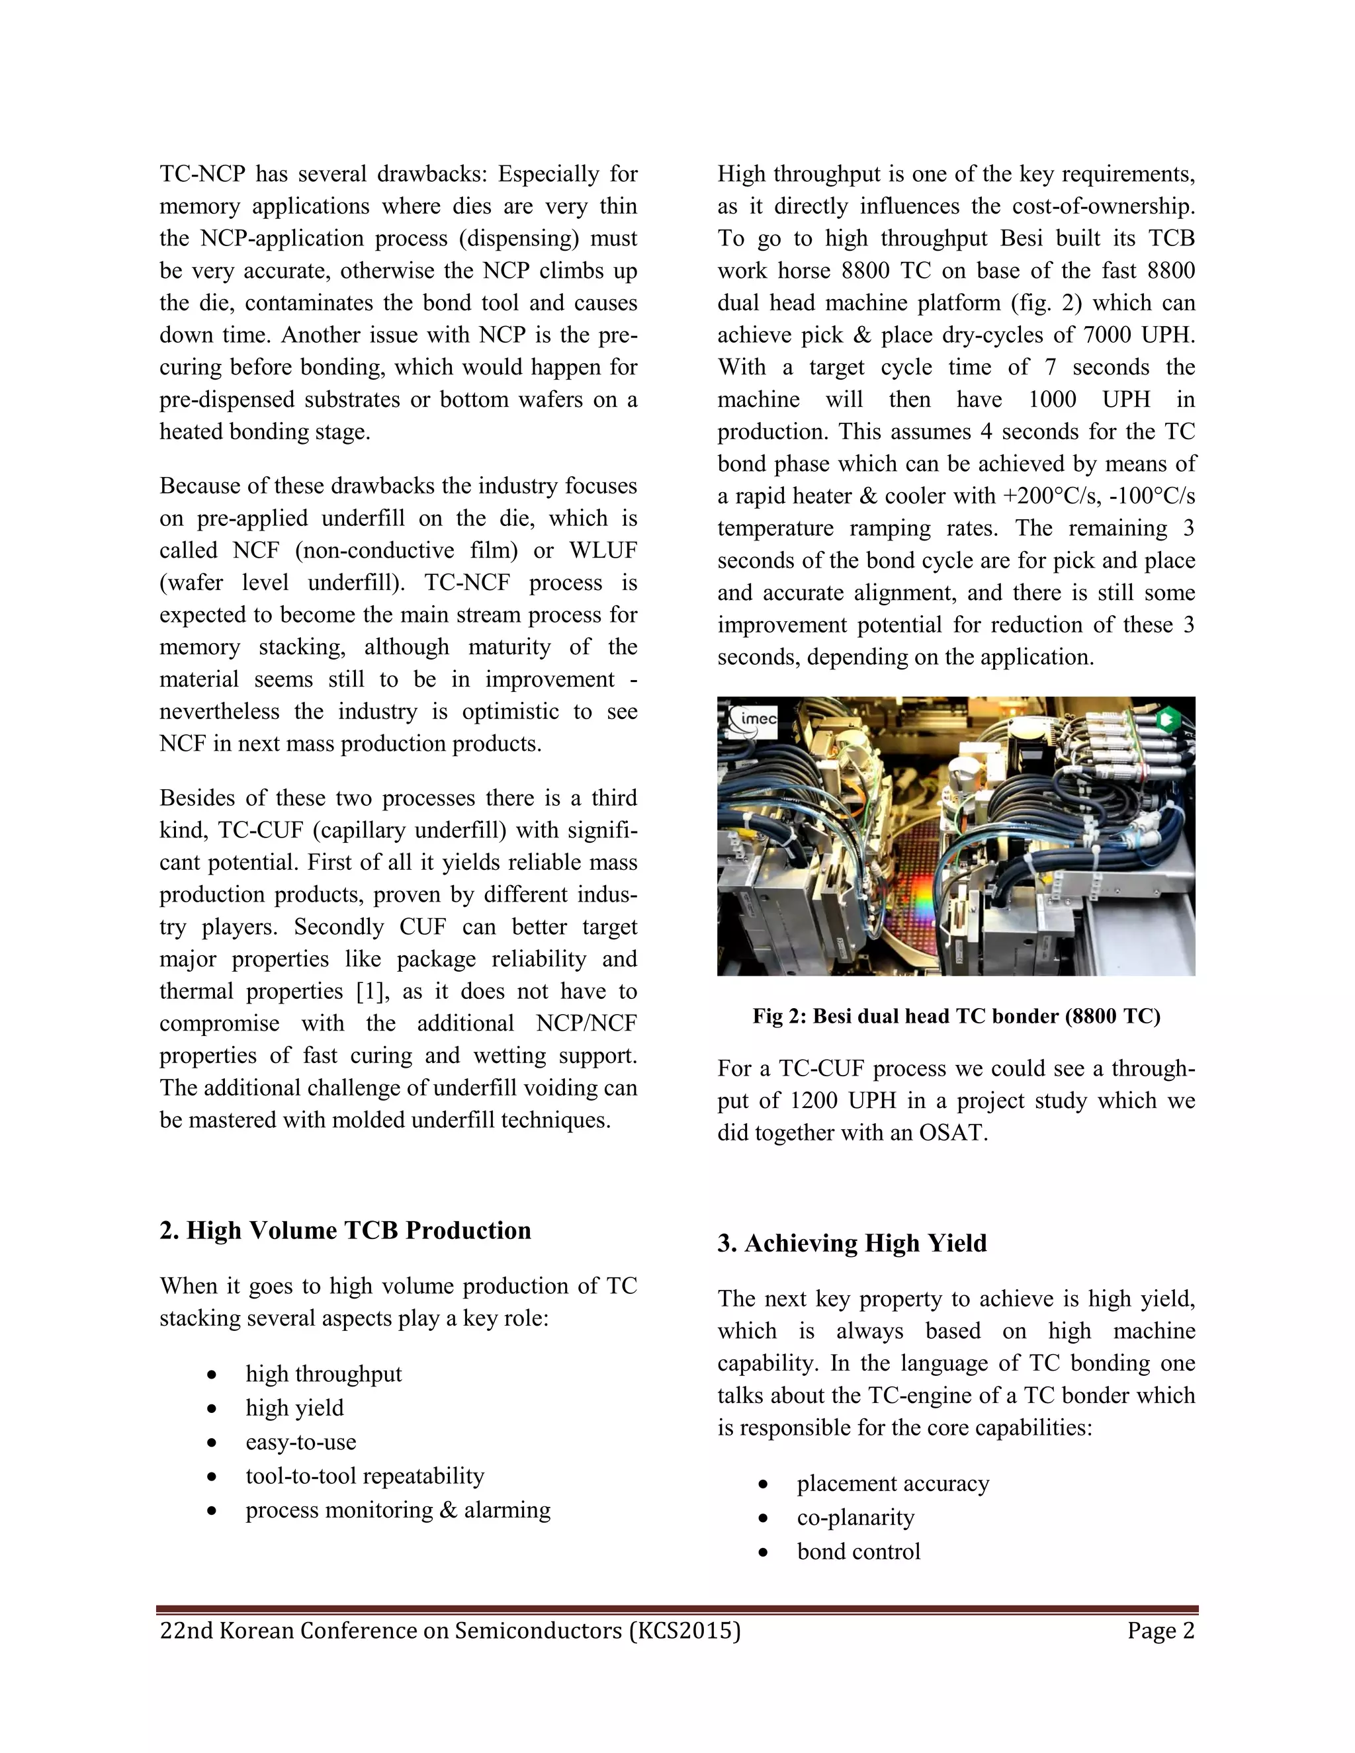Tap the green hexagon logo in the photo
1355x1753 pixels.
tap(1167, 719)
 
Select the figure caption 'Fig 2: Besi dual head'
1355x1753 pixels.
tap(955, 1016)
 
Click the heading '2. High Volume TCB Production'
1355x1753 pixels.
tap(345, 1230)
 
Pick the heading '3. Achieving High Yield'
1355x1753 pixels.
tap(852, 1244)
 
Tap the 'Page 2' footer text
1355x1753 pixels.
tap(1160, 1630)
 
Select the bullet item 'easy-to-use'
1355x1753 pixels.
tap(300, 1441)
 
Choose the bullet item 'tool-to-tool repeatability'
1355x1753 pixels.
tap(365, 1475)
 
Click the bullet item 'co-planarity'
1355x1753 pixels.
tap(855, 1517)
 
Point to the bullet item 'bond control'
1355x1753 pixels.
tap(858, 1551)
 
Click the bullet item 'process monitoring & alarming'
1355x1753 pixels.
tap(398, 1510)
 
